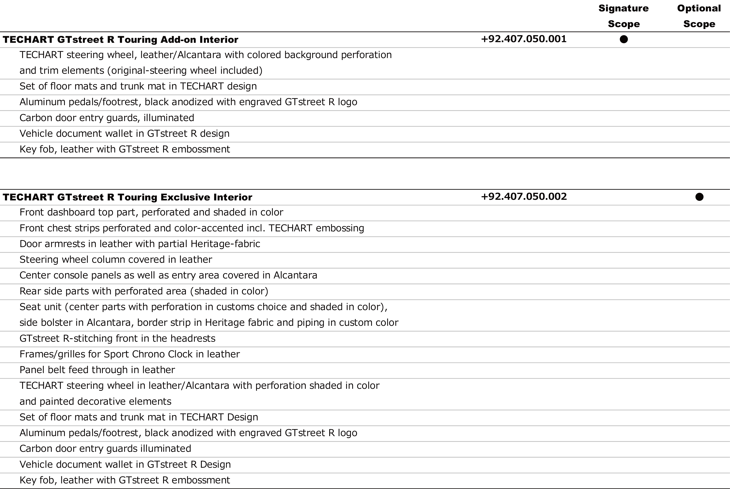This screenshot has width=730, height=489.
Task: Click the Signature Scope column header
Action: click(623, 16)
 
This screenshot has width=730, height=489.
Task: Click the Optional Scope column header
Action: click(699, 16)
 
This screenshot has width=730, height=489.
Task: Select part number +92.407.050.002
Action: click(524, 197)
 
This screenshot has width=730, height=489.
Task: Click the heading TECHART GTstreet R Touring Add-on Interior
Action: click(120, 40)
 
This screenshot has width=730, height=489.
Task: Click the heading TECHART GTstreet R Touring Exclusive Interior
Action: click(127, 197)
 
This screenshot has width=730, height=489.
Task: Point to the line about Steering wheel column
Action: click(116, 260)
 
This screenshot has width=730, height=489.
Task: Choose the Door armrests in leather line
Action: click(140, 244)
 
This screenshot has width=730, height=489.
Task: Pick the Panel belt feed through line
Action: click(97, 370)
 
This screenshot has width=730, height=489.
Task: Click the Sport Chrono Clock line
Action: click(130, 354)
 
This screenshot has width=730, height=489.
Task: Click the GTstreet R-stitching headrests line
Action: click(117, 338)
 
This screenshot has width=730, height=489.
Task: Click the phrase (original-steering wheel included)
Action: click(185, 71)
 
